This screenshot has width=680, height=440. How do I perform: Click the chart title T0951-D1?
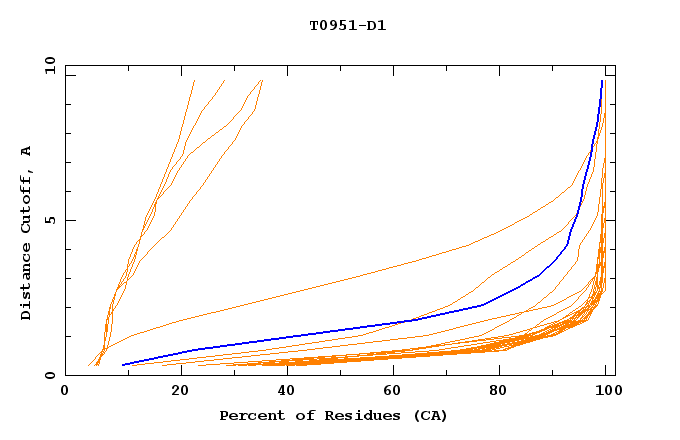tap(347, 25)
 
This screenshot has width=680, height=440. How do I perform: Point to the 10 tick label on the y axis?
tap(49, 64)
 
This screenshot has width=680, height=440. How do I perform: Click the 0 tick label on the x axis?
tap(65, 392)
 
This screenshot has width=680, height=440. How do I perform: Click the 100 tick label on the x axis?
tap(604, 392)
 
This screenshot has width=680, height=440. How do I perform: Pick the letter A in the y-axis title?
tap(26, 151)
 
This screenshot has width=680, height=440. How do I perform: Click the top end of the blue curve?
tap(602, 81)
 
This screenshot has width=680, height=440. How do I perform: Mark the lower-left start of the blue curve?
tap(122, 365)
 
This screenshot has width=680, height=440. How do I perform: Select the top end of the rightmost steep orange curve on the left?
tap(262, 80)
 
